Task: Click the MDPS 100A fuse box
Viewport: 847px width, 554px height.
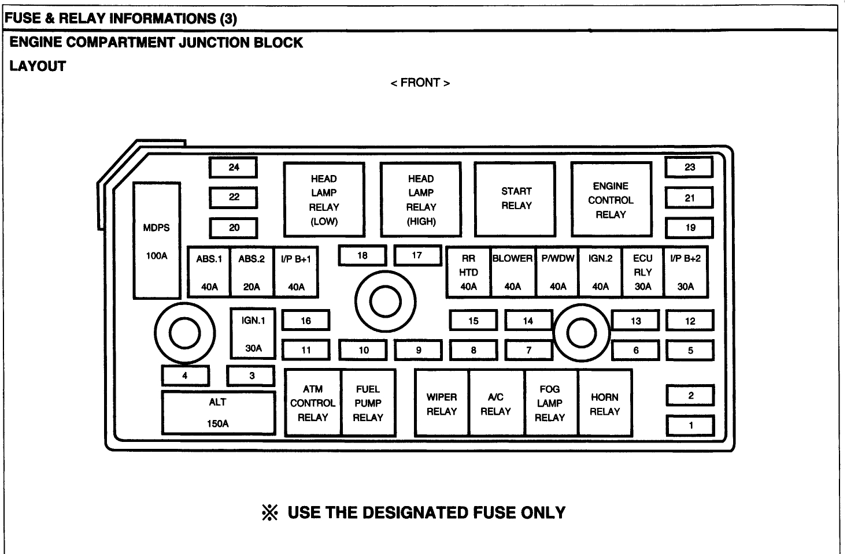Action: coord(157,240)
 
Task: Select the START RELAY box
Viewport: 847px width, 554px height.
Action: coord(516,199)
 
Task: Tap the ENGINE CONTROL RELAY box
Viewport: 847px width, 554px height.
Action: coord(611,200)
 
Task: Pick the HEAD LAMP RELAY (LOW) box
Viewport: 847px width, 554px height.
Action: coord(324,200)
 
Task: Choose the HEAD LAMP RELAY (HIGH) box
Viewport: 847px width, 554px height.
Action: coord(421,200)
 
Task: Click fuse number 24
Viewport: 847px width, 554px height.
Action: coord(234,168)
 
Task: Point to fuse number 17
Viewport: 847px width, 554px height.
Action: coord(417,255)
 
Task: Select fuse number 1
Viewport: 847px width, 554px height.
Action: coord(690,426)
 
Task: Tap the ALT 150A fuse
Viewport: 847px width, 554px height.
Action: coord(218,412)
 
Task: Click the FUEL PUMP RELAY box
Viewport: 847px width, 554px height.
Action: coord(368,403)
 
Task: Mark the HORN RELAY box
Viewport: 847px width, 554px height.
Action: coord(605,403)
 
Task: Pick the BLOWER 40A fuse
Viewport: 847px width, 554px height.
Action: coord(513,272)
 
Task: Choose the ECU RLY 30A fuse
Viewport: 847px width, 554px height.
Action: coord(642,272)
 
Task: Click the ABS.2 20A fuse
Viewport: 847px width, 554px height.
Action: coord(251,272)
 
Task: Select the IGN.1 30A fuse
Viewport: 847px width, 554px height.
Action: coord(253,334)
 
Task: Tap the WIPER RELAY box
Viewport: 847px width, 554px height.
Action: coord(442,403)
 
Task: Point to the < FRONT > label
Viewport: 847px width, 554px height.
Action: coord(420,83)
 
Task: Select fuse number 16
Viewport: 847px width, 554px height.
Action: coord(306,321)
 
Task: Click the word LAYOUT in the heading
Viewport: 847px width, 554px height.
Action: coord(38,66)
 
